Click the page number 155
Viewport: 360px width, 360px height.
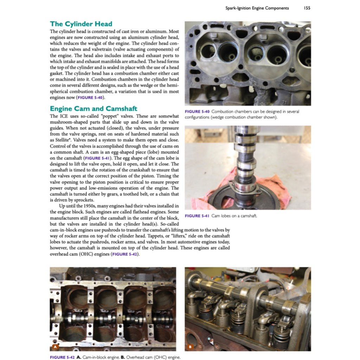pos(307,8)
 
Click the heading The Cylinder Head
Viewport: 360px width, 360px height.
pos(81,24)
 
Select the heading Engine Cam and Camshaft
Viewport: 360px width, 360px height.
pos(94,108)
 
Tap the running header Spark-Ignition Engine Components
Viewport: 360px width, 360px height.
pos(257,8)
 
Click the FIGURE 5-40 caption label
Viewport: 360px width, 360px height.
pos(197,112)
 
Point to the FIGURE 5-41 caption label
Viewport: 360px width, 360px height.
pos(197,216)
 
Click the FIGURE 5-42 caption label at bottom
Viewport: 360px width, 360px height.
pos(63,357)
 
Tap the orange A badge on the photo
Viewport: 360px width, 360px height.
pos(55,347)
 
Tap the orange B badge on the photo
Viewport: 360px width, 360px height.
pos(190,347)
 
